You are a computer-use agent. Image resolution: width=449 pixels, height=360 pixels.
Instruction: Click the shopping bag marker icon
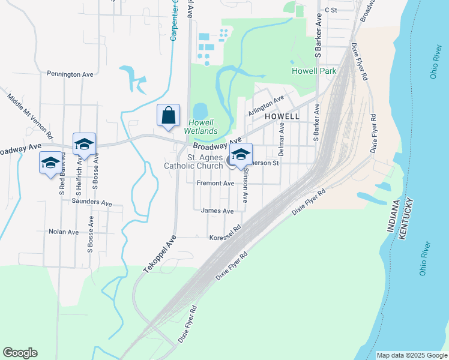[x=169, y=115]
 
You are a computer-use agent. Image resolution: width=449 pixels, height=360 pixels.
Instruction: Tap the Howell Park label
[x=313, y=71]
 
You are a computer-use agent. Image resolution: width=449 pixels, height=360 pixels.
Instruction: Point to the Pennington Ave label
[x=70, y=74]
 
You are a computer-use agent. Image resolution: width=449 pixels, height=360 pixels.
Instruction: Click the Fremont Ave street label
[x=215, y=183]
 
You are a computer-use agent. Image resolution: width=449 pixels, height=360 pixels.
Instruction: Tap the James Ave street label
[x=217, y=211]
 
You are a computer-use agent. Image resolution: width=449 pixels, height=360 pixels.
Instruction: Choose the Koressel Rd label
[x=225, y=238]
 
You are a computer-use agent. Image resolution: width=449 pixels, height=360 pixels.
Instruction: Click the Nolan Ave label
[x=64, y=232]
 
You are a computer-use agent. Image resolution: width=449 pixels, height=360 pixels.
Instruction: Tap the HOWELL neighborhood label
[x=282, y=116]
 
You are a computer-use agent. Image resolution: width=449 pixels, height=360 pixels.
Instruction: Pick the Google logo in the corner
[x=20, y=353]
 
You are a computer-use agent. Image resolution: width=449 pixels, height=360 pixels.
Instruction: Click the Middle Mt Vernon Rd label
[x=30, y=116]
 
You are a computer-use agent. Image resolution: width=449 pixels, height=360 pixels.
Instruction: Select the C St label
[x=331, y=10]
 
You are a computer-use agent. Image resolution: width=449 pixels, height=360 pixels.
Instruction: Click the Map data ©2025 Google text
[x=411, y=355]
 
